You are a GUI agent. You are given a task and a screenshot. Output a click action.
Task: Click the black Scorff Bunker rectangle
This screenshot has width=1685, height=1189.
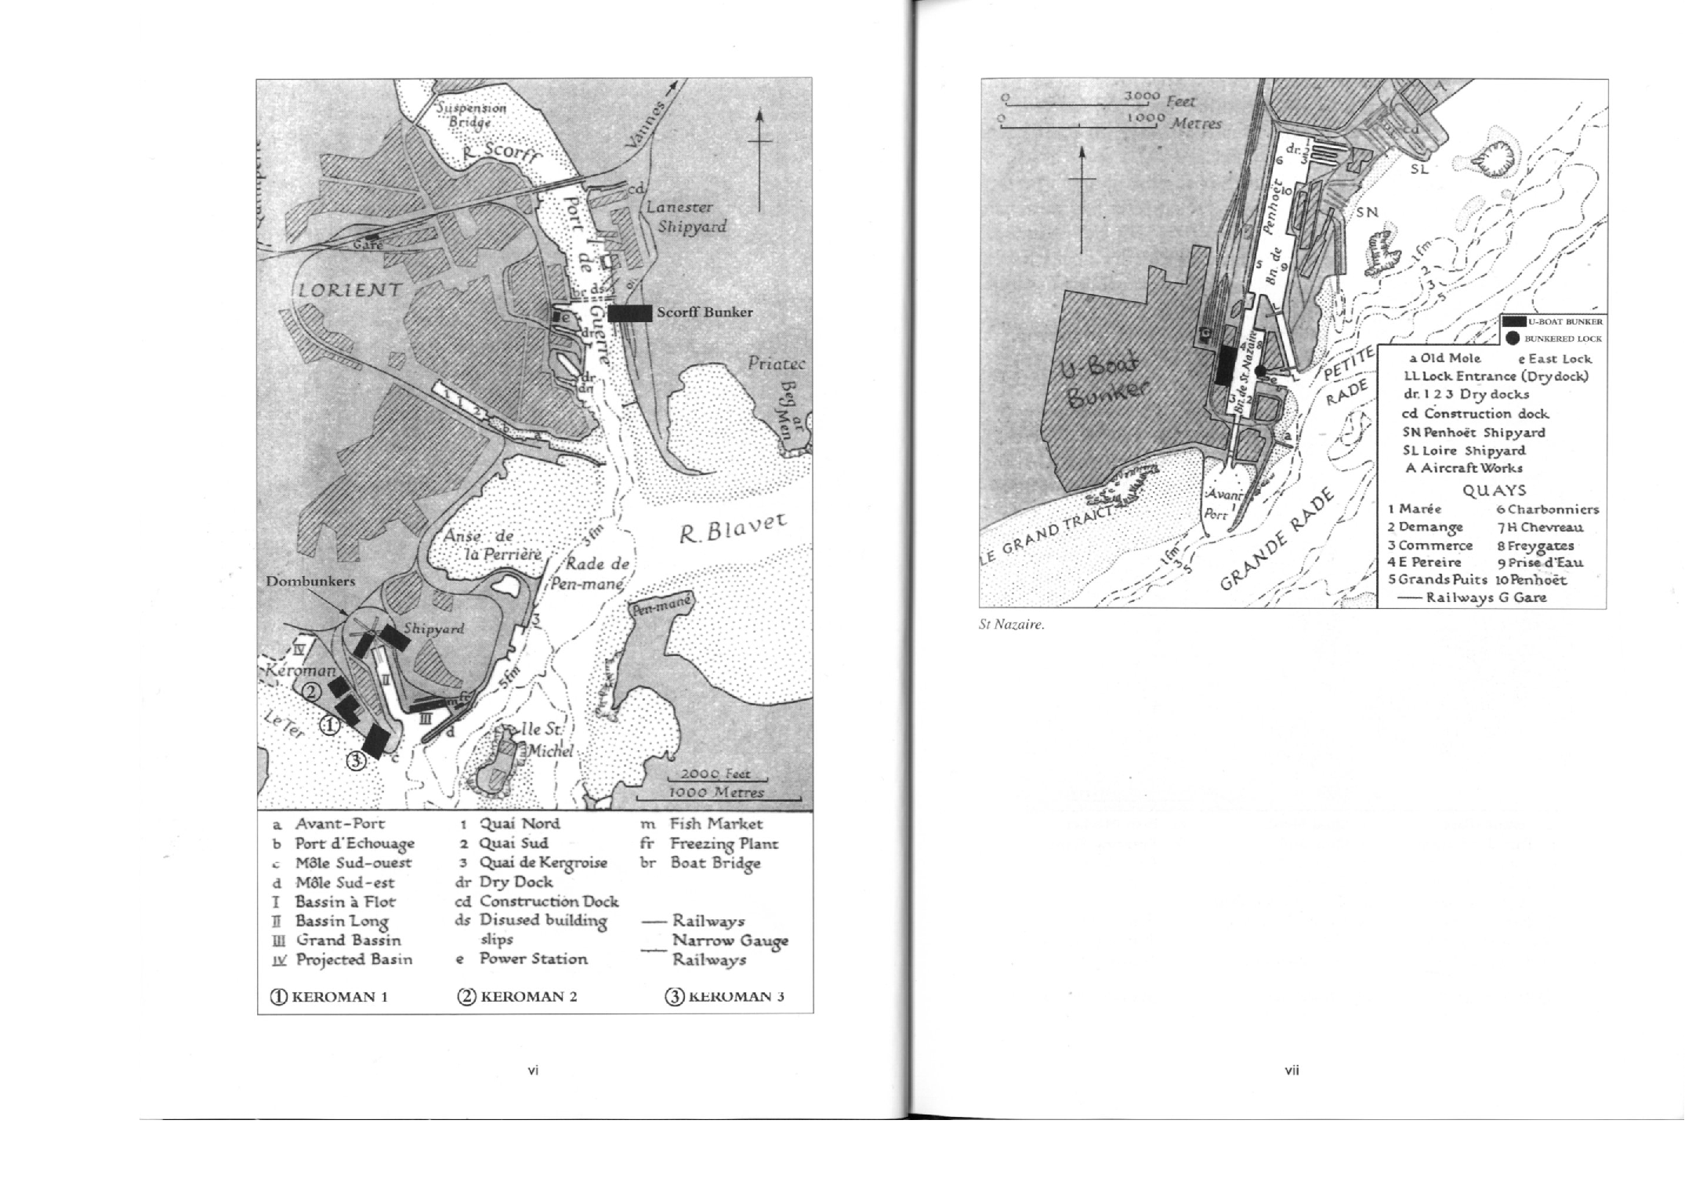pos(629,313)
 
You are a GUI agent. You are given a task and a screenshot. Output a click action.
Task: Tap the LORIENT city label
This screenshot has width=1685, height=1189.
pos(350,291)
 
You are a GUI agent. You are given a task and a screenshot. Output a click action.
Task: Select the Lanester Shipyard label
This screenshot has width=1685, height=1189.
pos(687,217)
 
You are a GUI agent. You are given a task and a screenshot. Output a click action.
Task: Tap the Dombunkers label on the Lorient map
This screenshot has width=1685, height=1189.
pos(310,582)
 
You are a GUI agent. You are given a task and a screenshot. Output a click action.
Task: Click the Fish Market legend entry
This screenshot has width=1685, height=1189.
pos(715,824)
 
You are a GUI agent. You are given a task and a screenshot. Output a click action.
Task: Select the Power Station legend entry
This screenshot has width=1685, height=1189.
pos(533,959)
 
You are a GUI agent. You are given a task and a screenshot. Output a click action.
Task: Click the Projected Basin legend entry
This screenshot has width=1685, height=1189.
pos(353,959)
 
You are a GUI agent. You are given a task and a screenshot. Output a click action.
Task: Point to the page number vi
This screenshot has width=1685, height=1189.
pos(533,1070)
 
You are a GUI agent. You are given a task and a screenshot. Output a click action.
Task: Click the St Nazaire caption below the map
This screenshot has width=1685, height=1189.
pos(1012,625)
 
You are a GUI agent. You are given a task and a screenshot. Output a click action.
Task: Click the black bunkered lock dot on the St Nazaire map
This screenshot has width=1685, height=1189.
pos(1260,371)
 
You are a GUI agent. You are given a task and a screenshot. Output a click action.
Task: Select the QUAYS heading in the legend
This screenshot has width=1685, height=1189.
pos(1494,490)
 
